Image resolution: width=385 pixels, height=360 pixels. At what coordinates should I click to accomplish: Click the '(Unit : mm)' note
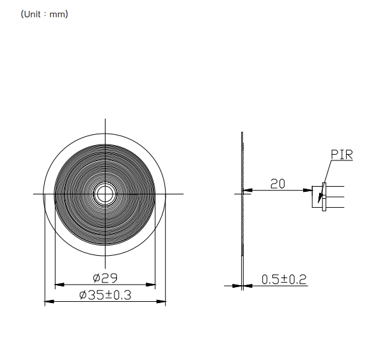(44, 14)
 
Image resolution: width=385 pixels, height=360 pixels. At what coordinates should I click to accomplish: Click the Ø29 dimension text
(106, 278)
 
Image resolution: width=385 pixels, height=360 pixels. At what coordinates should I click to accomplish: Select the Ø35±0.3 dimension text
(106, 295)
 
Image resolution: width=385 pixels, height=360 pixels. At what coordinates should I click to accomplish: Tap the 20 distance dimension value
(278, 184)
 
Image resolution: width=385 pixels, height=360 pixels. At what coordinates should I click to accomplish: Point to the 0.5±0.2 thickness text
(284, 279)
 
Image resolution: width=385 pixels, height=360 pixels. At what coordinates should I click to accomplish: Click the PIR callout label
(342, 155)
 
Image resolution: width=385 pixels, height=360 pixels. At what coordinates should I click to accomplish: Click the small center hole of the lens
(105, 194)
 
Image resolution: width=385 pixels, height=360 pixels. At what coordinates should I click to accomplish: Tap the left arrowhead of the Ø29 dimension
(59, 285)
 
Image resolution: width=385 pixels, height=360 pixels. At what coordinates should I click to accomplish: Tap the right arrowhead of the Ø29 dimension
(150, 285)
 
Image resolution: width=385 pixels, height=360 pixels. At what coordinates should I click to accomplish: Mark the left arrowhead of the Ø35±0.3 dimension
(49, 301)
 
